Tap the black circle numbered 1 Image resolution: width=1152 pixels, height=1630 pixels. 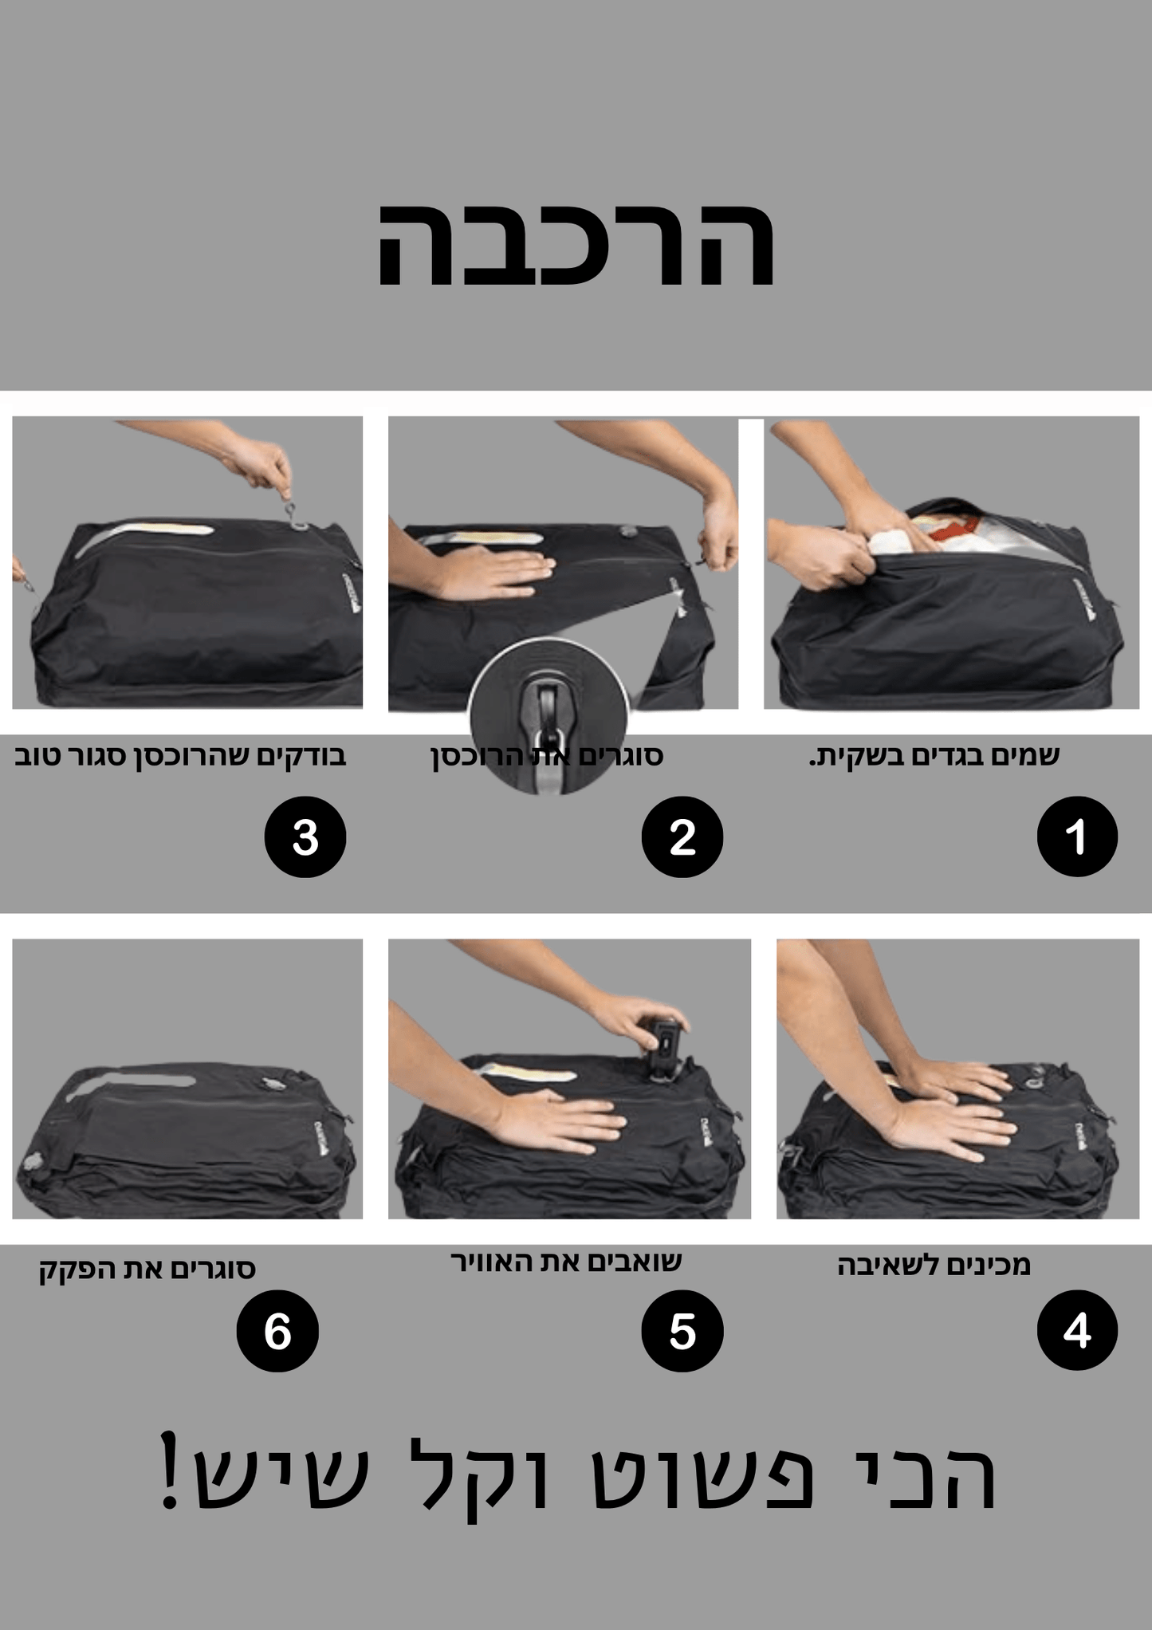click(1076, 837)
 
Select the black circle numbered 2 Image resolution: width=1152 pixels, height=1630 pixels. click(682, 837)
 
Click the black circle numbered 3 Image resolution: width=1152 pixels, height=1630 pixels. click(305, 837)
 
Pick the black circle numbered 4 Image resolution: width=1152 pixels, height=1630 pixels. click(1076, 1330)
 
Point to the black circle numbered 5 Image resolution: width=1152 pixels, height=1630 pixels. click(682, 1330)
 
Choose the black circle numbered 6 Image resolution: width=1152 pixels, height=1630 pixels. click(277, 1330)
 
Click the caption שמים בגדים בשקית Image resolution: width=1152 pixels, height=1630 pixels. click(934, 755)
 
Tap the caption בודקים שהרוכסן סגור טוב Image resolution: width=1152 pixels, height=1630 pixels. click(180, 755)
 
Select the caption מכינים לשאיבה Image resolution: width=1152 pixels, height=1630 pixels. click(934, 1266)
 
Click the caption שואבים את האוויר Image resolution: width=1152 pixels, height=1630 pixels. click(566, 1262)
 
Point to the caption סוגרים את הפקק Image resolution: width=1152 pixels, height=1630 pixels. click(147, 1268)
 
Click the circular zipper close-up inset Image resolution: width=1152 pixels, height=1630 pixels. click(548, 715)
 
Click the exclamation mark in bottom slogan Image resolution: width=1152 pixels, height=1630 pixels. click(169, 1471)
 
